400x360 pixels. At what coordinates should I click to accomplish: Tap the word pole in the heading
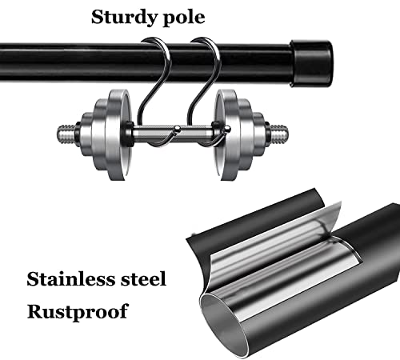[x=181, y=18]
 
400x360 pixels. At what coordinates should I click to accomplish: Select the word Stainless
[x=70, y=279]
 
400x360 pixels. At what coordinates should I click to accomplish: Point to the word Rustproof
[x=78, y=311]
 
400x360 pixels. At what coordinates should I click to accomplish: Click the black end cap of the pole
[x=311, y=64]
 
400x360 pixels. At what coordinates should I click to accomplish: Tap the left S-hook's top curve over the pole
[x=156, y=42]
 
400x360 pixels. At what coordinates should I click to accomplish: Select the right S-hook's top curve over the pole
[x=206, y=42]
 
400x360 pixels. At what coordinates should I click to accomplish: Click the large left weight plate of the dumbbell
[x=118, y=134]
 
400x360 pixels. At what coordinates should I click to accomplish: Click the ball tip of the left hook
[x=177, y=129]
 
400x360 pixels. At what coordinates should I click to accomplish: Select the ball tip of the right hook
[x=227, y=129]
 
